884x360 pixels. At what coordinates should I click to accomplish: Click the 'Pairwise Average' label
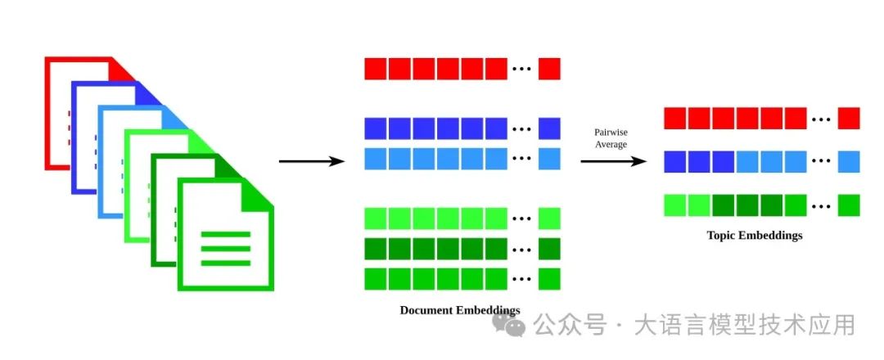611,138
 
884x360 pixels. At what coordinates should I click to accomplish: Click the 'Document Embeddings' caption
460,310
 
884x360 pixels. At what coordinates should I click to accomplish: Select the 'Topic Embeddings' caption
755,235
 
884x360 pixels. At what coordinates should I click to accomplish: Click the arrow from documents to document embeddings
312,162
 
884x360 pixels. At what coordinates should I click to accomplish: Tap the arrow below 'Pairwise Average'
613,162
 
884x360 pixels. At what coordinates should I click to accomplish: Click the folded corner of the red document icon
121,69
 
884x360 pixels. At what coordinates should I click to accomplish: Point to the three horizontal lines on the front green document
226,249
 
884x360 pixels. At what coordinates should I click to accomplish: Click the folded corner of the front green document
258,192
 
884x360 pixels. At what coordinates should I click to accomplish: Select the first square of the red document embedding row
376,69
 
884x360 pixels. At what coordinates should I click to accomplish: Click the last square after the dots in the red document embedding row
549,69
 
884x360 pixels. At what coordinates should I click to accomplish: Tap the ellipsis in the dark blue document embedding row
521,129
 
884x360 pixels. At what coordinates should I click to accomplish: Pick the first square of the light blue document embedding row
376,159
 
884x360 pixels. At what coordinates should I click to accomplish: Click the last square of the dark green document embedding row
549,249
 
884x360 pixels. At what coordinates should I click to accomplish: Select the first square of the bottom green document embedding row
376,279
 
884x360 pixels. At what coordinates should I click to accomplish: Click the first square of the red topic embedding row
674,119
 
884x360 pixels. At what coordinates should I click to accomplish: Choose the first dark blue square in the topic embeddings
674,162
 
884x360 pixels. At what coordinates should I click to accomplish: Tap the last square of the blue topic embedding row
849,162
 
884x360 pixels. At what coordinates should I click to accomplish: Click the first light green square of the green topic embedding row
674,205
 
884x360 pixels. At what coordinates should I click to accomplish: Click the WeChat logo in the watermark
509,325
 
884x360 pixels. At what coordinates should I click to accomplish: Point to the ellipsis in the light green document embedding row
521,219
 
